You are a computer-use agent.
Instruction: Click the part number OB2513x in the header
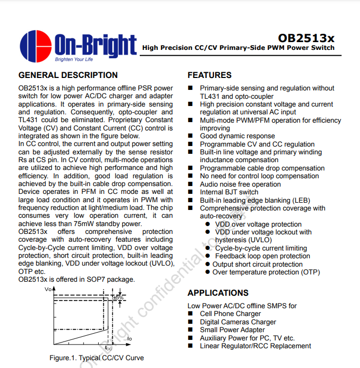(306, 38)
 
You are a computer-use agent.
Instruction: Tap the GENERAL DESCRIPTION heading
(68, 75)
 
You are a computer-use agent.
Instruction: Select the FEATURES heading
(209, 75)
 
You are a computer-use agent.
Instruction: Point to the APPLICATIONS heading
(218, 293)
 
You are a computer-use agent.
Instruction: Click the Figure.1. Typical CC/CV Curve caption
(97, 358)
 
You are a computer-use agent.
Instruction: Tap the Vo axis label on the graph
(49, 289)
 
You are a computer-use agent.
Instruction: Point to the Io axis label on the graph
(129, 339)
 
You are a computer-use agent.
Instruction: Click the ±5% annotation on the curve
(118, 298)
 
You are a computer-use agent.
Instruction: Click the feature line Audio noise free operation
(241, 184)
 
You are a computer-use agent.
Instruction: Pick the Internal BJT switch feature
(229, 192)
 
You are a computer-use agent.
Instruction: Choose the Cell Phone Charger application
(231, 314)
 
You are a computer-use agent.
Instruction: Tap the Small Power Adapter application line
(232, 330)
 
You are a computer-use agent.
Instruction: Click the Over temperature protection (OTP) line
(266, 272)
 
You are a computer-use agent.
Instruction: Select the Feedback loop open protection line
(262, 256)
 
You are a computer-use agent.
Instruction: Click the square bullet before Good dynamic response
(191, 136)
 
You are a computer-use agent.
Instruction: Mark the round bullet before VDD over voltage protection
(208, 225)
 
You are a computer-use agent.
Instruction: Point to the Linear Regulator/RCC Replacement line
(256, 346)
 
